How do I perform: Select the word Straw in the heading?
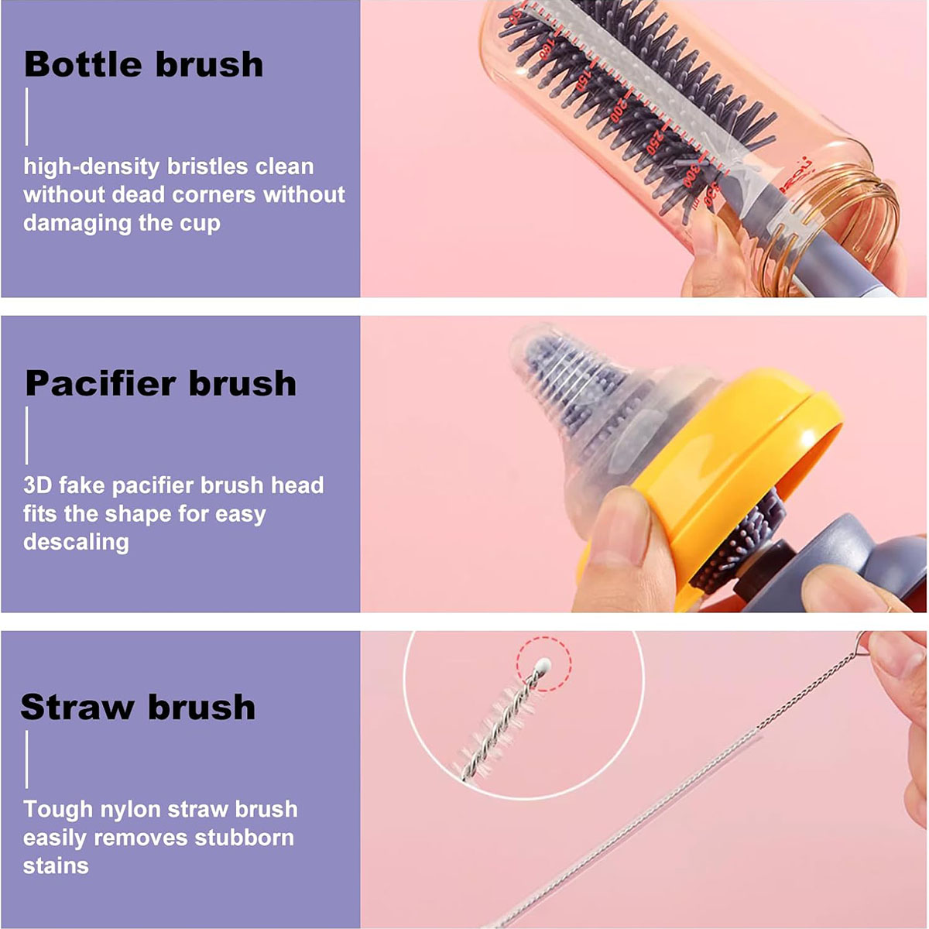pyautogui.click(x=77, y=708)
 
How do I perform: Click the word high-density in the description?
pyautogui.click(x=91, y=167)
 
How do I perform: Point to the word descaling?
pyautogui.click(x=76, y=542)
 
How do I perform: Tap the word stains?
pyautogui.click(x=56, y=866)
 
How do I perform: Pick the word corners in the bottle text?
pyautogui.click(x=214, y=195)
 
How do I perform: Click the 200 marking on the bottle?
pyautogui.click(x=619, y=111)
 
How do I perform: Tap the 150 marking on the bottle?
pyautogui.click(x=582, y=79)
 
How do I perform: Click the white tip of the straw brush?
pyautogui.click(x=544, y=664)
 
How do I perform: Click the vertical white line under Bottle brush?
pyautogui.click(x=26, y=116)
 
